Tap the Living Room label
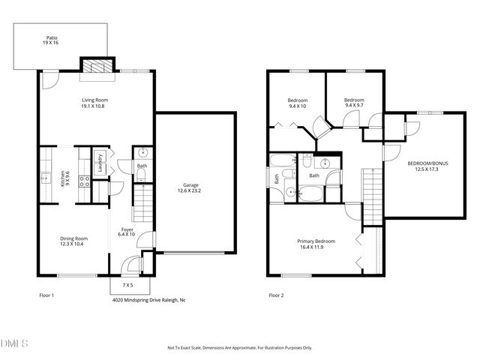tap(95, 103)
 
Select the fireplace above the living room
tap(95, 67)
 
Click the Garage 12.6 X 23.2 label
tap(190, 187)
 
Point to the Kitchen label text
tap(65, 178)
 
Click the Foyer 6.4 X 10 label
tap(126, 232)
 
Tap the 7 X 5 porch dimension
tap(129, 286)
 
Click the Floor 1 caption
tap(46, 295)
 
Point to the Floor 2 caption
tap(276, 295)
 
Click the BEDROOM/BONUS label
tap(424, 166)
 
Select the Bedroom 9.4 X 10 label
tap(297, 103)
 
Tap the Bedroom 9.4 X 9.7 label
tap(354, 103)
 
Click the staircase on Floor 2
tap(372, 196)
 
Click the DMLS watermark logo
tap(15, 343)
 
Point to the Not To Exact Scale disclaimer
tap(239, 348)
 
